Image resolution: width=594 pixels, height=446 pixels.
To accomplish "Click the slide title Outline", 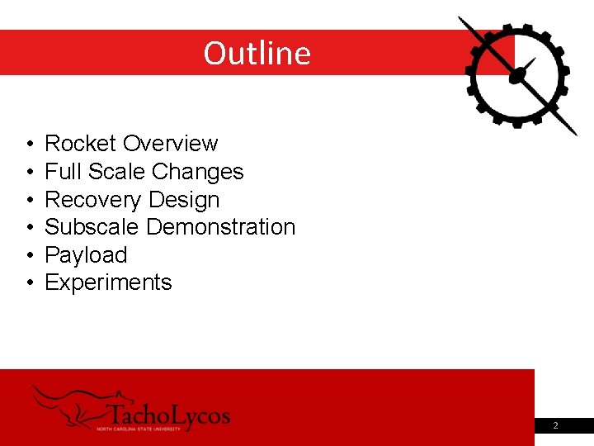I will point(257,53).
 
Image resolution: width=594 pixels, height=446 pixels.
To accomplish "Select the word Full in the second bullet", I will point(59,172).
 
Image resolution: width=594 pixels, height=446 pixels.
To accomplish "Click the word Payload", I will point(86,255).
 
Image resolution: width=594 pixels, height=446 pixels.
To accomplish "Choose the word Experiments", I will point(108,282).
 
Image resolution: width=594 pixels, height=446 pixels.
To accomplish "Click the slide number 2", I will point(555,425).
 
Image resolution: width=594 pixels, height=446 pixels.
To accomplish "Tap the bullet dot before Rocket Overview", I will point(29,145).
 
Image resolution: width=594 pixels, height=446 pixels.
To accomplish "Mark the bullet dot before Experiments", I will point(29,283).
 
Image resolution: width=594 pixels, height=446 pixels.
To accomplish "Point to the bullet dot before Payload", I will point(29,256).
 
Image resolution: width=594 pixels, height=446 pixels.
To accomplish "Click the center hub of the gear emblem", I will point(518,76).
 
